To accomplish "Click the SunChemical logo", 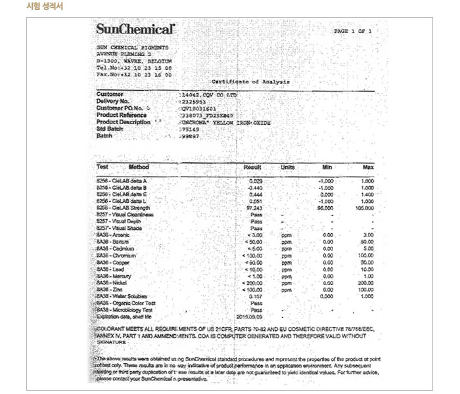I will tap(136, 30).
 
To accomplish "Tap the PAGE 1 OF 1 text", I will tap(353, 31).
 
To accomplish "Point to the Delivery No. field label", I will tap(112, 101).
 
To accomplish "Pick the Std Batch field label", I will tap(110, 129).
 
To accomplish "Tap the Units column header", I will tap(287, 167).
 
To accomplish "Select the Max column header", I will tap(367, 167).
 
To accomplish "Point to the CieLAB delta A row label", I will tap(122, 181).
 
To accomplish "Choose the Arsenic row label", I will tap(112, 234).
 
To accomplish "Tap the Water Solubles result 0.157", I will tap(256, 296).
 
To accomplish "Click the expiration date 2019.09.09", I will tap(250, 316).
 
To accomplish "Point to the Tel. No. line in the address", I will tap(134, 68).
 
